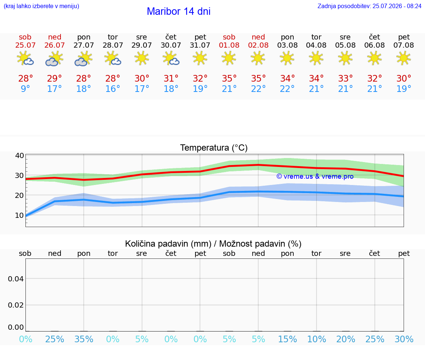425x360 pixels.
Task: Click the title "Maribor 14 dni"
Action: click(x=179, y=11)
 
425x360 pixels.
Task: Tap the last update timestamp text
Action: click(x=369, y=6)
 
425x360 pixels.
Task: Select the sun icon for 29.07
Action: click(x=142, y=58)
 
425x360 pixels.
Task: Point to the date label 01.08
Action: click(x=229, y=45)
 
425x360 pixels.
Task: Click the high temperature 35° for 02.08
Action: click(x=258, y=79)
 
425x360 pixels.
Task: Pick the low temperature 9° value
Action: click(x=25, y=89)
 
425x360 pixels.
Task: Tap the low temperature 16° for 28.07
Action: click(x=113, y=89)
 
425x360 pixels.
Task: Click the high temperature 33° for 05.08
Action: click(x=346, y=79)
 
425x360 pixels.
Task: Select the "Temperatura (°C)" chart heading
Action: click(x=214, y=148)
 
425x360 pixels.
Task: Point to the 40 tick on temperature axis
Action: click(x=20, y=155)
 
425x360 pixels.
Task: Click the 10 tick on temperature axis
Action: click(x=20, y=215)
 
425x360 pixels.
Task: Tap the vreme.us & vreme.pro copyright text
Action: click(x=315, y=176)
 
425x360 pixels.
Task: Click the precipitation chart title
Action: click(x=213, y=244)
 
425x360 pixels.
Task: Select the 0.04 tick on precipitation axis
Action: click(x=16, y=279)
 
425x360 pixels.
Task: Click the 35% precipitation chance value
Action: click(x=84, y=339)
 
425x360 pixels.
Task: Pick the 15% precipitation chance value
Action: click(x=288, y=339)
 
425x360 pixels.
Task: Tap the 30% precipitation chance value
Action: click(x=404, y=339)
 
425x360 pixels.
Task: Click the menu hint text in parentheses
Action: click(x=41, y=6)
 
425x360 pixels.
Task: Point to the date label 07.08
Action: click(x=404, y=45)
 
